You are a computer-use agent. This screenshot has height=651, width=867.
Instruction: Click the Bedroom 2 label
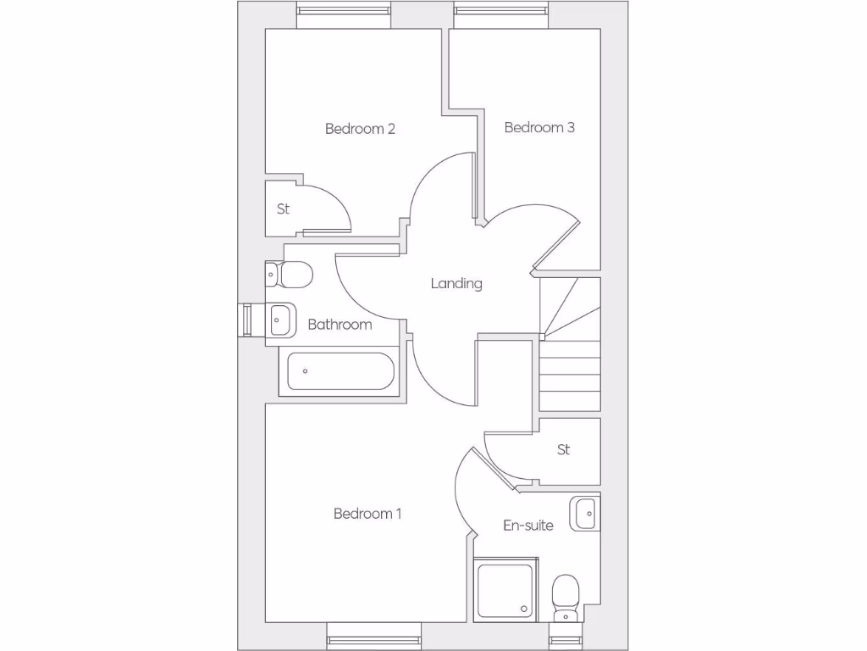[360, 129]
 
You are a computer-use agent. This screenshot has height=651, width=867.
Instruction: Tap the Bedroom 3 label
[539, 127]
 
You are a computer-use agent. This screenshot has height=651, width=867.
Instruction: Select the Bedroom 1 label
[367, 514]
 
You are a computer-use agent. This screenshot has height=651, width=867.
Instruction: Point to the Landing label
[456, 283]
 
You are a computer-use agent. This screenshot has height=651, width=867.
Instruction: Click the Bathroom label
[340, 325]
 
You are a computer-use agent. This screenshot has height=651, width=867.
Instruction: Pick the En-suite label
[528, 526]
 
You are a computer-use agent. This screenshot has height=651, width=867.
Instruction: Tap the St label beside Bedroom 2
[283, 209]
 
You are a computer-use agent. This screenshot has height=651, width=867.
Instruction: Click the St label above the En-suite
[564, 450]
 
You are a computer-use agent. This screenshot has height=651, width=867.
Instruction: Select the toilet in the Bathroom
[289, 275]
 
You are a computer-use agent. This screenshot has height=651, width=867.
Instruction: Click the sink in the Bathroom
[281, 320]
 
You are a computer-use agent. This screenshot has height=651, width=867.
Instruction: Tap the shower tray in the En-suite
[505, 589]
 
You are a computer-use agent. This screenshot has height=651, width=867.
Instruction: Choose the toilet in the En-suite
[565, 597]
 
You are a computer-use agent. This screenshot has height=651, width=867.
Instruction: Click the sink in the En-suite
[585, 513]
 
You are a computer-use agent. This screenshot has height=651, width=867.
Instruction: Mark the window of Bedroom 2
[344, 11]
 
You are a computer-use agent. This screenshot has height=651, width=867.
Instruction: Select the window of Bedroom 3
[502, 11]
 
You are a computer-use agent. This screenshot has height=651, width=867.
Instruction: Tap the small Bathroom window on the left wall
[246, 320]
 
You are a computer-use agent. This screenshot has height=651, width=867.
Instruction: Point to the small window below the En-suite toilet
[565, 641]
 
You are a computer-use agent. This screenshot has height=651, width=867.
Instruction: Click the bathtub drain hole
[306, 371]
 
